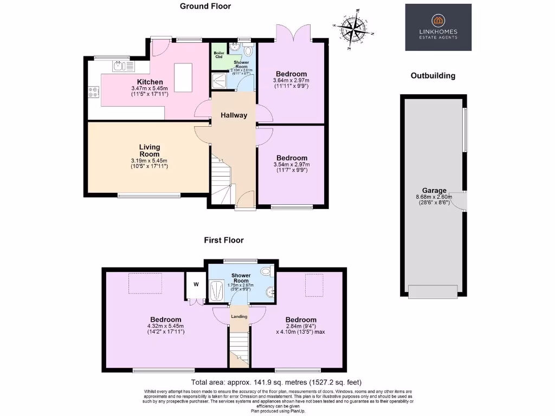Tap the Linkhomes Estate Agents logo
click(438, 28)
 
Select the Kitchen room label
click(150, 82)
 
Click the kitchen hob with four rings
click(93, 93)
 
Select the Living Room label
click(150, 151)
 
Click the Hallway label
click(234, 115)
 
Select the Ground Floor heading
click(205, 6)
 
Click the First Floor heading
click(224, 240)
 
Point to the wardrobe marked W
click(195, 284)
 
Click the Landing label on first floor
click(239, 316)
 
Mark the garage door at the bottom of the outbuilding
click(432, 291)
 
